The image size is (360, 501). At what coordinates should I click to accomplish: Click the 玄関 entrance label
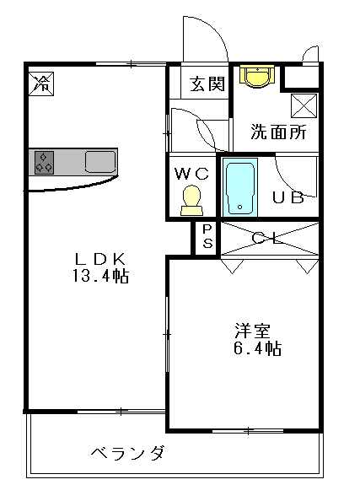pos(207,84)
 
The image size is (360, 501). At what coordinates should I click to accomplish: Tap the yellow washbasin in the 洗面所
pos(257,76)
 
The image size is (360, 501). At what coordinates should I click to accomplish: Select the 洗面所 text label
pos(278,132)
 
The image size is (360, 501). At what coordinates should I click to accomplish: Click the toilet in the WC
pos(191,201)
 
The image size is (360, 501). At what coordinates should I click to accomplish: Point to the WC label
pos(191,174)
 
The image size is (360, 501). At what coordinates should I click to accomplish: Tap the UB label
pos(288,197)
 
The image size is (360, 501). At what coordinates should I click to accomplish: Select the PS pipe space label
pos(207,236)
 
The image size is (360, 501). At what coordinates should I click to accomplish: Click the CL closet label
pos(268,239)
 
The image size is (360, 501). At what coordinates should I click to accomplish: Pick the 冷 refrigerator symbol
pos(41,83)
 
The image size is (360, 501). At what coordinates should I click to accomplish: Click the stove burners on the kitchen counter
pos(44,162)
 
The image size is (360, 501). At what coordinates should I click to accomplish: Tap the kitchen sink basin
pos(100,162)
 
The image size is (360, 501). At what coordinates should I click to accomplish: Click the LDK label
pos(100,259)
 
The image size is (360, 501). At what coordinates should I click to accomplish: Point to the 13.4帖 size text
pos(101,276)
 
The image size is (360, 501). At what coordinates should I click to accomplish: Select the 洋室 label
pos(252,331)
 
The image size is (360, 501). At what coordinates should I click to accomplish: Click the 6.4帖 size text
pos(257,348)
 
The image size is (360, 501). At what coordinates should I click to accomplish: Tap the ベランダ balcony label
pos(128,453)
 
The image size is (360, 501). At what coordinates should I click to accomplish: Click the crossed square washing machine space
pos(304,105)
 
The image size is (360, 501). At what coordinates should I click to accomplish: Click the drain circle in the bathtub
pos(240,207)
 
